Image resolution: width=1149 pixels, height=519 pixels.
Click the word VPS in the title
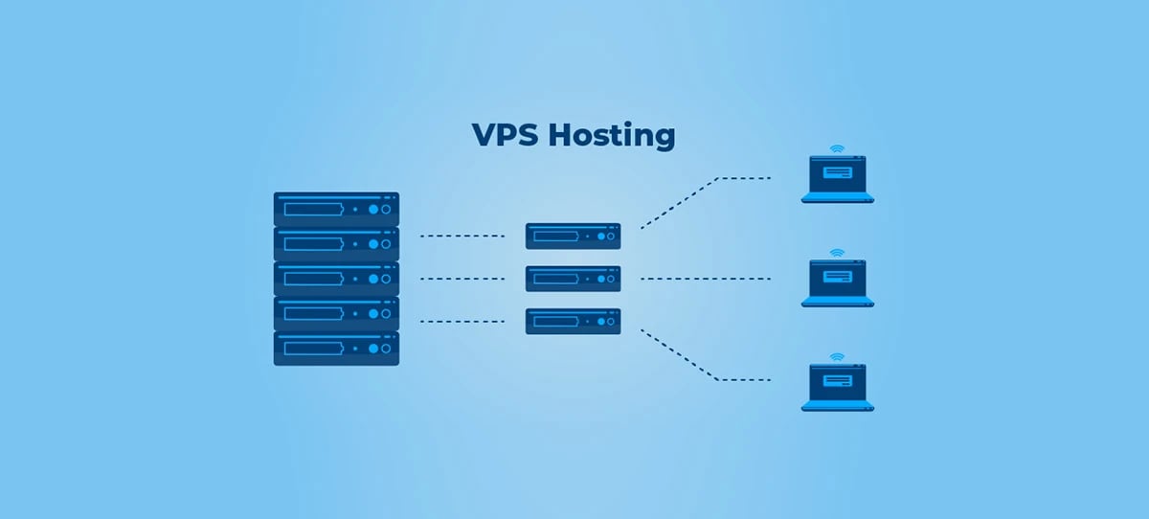click(x=505, y=135)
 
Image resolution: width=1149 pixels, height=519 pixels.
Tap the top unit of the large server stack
click(x=336, y=209)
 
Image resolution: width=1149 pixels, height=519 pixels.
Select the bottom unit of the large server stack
click(x=336, y=348)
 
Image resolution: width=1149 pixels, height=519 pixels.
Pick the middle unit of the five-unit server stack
click(x=336, y=279)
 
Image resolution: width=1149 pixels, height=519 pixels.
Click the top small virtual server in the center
click(x=573, y=236)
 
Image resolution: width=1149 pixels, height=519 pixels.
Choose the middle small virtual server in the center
click(x=573, y=279)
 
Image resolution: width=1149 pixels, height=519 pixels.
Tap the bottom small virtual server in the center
click(x=573, y=321)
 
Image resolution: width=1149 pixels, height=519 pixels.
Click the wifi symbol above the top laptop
click(x=838, y=149)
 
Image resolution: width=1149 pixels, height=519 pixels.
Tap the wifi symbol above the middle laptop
click(x=838, y=254)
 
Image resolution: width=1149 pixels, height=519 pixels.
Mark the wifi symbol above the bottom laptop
click(x=838, y=357)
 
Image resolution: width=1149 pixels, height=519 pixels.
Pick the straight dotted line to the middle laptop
click(x=705, y=279)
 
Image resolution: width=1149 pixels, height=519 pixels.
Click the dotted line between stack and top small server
click(x=462, y=236)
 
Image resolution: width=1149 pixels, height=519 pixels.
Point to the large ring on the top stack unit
click(x=387, y=209)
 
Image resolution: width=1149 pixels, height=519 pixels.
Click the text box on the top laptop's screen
click(x=838, y=173)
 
